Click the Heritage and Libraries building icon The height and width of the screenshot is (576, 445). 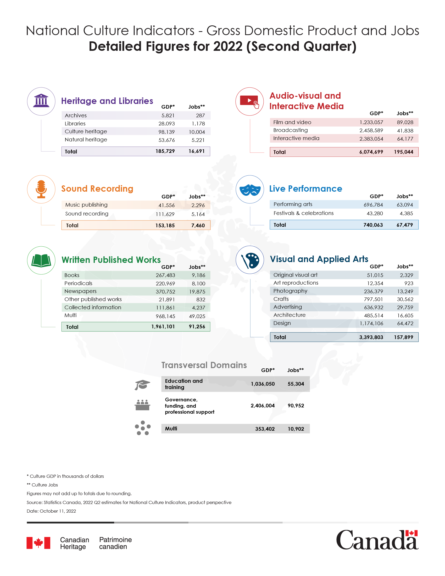tap(41, 101)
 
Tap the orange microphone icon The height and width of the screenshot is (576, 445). tap(41, 189)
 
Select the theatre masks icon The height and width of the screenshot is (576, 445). tap(250, 189)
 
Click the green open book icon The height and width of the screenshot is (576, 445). tap(41, 260)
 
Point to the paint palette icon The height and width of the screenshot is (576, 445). tap(250, 260)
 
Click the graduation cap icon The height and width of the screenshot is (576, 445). tap(142, 385)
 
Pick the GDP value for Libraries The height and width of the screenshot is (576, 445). tap(166, 124)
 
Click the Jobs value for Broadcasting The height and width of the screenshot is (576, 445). tap(405, 131)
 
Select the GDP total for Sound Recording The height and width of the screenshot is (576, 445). tap(165, 225)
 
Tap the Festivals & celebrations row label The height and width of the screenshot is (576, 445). tap(303, 213)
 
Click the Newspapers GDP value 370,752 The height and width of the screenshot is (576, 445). tap(165, 292)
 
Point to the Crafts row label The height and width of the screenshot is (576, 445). tap(281, 299)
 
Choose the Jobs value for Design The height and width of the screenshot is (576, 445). tap(405, 323)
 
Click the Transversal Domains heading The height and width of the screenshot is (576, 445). tap(204, 365)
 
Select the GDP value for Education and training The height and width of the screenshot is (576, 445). tap(263, 384)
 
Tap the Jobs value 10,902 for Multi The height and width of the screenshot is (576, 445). tap(296, 429)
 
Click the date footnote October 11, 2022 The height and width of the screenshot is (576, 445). tap(51, 511)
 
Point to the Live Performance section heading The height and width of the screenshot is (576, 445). tap(305, 189)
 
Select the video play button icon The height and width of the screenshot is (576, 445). tap(249, 101)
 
